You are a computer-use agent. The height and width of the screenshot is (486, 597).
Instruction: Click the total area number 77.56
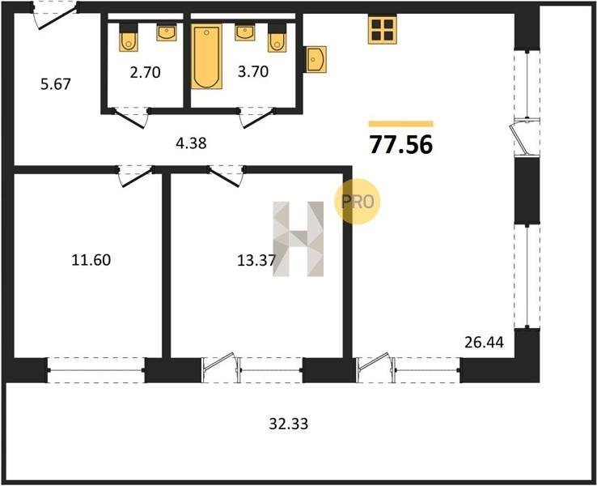click(x=401, y=145)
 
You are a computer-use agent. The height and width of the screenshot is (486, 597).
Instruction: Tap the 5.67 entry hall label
click(x=56, y=84)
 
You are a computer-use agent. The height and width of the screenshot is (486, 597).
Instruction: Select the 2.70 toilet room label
click(x=145, y=72)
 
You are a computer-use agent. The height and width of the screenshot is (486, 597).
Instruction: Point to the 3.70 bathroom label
click(x=253, y=71)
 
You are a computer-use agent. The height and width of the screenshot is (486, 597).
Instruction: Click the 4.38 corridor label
click(x=191, y=143)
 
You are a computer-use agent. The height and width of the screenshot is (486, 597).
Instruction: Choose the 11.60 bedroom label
click(x=91, y=260)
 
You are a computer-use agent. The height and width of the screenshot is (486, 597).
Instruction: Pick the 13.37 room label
click(x=256, y=261)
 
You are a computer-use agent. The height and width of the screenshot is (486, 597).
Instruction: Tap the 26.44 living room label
click(x=484, y=343)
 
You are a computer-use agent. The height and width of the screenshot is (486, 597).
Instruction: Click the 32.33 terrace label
click(x=289, y=424)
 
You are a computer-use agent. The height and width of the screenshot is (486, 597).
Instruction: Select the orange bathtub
click(x=206, y=57)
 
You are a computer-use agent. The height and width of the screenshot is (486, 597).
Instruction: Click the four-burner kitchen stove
click(x=383, y=29)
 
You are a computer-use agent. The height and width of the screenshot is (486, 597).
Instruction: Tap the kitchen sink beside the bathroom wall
click(x=315, y=59)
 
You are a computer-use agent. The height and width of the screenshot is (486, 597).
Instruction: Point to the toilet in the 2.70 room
click(x=129, y=38)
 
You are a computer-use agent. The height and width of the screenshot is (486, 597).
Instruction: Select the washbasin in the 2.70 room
click(x=167, y=32)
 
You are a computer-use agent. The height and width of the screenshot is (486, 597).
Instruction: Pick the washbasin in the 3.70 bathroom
click(x=245, y=32)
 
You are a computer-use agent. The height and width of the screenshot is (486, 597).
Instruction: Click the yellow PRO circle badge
click(x=357, y=201)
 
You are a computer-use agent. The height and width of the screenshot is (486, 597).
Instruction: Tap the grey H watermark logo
click(x=298, y=239)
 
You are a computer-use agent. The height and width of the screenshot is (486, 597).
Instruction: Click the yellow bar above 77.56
click(x=401, y=123)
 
